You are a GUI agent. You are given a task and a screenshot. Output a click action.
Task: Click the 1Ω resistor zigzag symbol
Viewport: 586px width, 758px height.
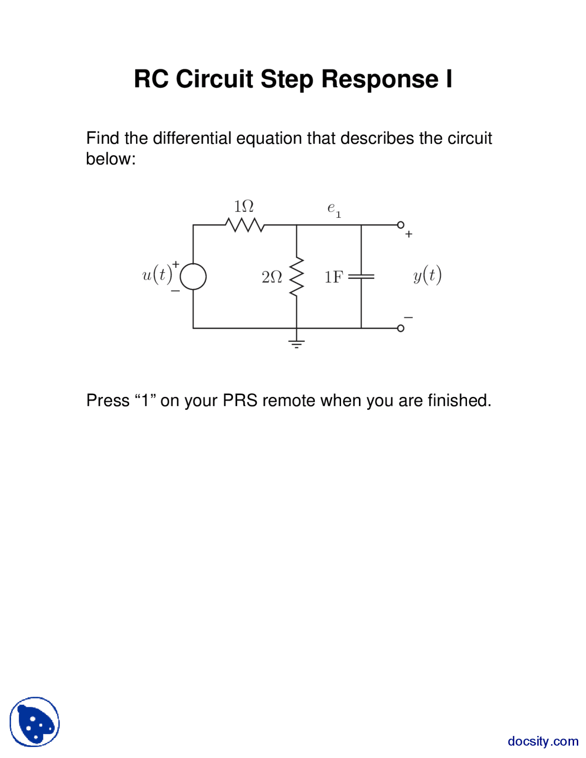click(x=244, y=225)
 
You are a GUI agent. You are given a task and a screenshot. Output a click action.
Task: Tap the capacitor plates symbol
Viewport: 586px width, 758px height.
click(x=361, y=276)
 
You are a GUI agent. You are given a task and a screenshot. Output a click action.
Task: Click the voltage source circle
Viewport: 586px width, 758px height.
click(x=193, y=276)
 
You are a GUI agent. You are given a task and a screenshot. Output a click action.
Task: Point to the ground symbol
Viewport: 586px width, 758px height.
click(x=297, y=343)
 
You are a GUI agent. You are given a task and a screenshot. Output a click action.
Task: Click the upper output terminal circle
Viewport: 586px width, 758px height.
click(x=401, y=225)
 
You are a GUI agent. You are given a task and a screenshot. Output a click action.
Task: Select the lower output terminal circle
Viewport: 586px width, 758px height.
click(x=401, y=328)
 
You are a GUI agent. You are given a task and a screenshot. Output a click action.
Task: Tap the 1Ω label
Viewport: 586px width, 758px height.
click(x=244, y=206)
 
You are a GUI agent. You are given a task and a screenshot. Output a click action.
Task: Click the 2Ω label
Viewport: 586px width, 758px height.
click(x=271, y=277)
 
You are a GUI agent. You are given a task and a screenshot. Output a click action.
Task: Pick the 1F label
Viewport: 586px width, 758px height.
click(x=334, y=277)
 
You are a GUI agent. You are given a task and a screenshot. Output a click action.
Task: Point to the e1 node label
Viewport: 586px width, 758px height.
click(x=334, y=209)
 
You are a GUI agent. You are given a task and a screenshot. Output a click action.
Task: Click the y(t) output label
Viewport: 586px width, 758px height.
click(x=427, y=275)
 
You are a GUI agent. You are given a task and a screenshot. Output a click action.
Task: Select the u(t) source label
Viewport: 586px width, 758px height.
click(x=157, y=275)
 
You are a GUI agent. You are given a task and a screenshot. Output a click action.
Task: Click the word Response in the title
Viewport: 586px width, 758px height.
click(x=380, y=79)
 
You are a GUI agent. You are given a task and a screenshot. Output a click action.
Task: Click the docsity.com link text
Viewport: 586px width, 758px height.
click(x=543, y=741)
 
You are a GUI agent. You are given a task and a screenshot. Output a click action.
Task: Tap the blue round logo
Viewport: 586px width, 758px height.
click(x=35, y=722)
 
